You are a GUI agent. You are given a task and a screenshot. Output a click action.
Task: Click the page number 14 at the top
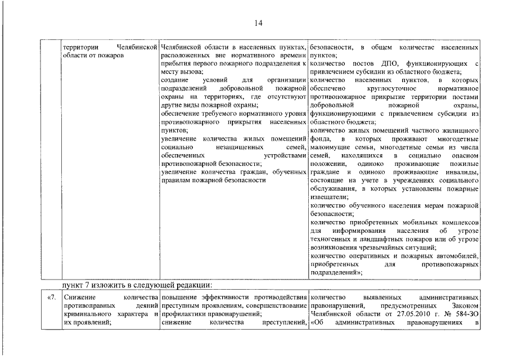[x=258, y=23]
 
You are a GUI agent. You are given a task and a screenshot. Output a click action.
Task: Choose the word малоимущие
[x=330, y=146]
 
